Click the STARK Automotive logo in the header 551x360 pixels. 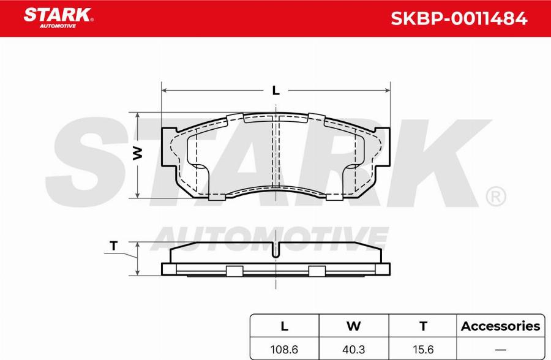coord(58,18)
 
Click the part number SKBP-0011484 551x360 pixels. coord(459,19)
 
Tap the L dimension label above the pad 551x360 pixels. coord(275,91)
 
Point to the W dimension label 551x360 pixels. coord(138,153)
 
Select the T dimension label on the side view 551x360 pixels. coord(113,246)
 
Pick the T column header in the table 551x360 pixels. coord(422,326)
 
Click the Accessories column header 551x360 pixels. coord(500,326)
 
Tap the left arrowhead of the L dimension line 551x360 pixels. coord(164,91)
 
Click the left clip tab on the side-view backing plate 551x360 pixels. coord(234,271)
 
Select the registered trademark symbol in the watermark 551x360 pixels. coord(495,197)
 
